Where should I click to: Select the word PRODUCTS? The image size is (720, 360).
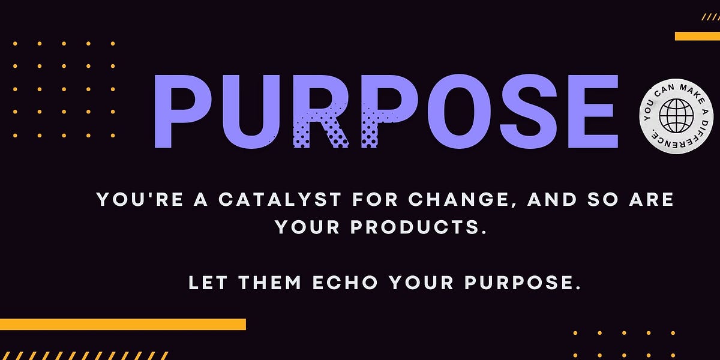[x=417, y=227]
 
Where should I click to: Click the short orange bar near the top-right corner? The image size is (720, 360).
[x=697, y=36]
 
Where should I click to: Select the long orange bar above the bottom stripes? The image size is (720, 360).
[x=123, y=324]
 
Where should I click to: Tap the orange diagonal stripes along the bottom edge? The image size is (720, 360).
[x=84, y=355]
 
